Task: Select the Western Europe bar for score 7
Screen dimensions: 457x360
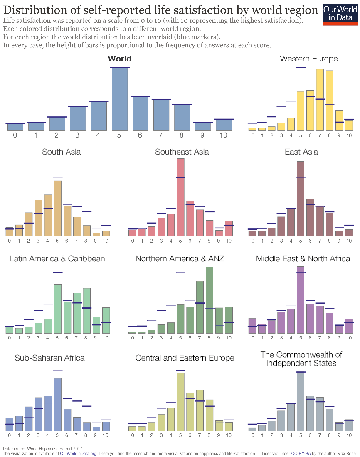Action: [x=320, y=100]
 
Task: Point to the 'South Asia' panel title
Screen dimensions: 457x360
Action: [x=62, y=152]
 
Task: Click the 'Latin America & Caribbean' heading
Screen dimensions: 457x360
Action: [x=57, y=258]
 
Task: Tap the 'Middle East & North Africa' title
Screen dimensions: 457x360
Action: [x=303, y=258]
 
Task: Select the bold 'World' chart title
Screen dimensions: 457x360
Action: [x=119, y=59]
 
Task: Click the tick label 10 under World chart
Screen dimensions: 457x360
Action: [x=223, y=135]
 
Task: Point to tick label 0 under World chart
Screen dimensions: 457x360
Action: [x=15, y=135]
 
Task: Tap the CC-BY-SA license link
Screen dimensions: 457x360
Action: [x=301, y=454]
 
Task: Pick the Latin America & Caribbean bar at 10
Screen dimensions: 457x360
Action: [x=106, y=320]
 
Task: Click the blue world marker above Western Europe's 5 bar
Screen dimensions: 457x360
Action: [x=301, y=67]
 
